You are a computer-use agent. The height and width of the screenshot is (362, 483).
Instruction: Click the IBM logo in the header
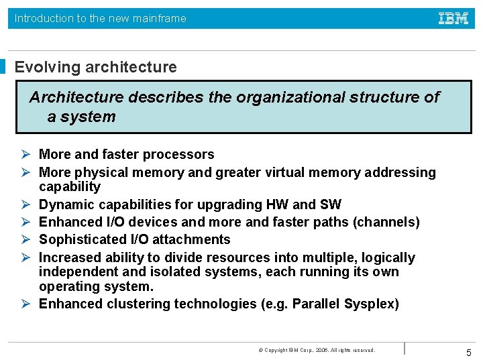(453, 19)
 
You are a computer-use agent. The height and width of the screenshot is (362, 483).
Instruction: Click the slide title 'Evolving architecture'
(96, 67)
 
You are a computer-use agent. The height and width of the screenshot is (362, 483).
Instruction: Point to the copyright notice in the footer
(316, 350)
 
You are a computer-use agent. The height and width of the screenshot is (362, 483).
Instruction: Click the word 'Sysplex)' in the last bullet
(372, 304)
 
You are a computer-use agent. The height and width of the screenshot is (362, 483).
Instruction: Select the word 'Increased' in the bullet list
(70, 257)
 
